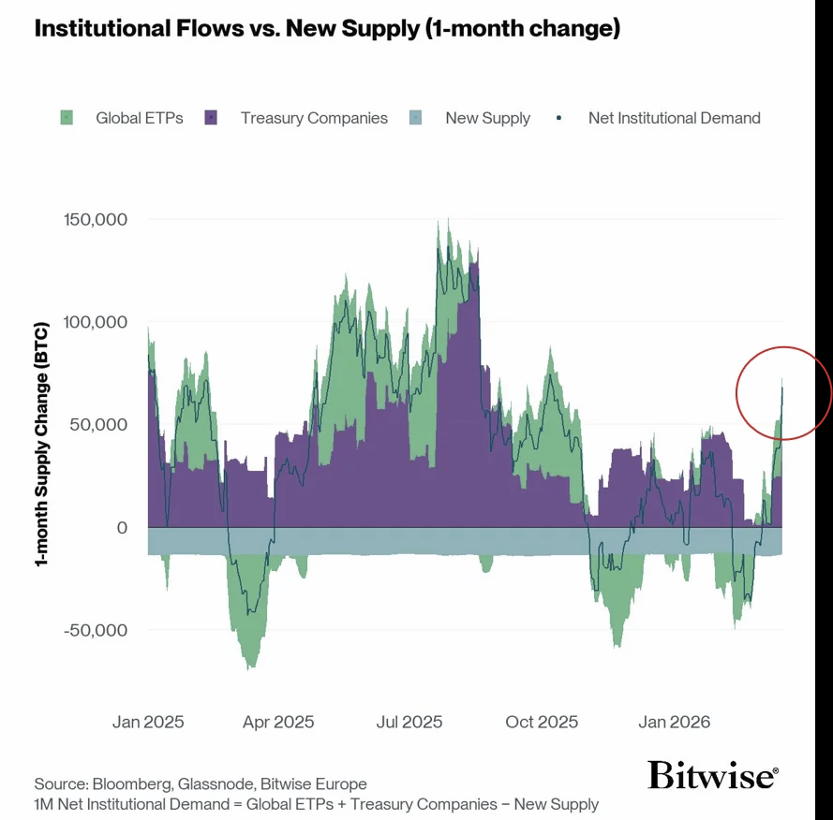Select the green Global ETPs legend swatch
pos(67,118)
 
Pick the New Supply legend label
pos(487,118)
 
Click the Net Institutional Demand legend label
pos(674,118)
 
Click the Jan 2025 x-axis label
pos(148,722)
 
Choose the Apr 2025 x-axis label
pos(278,722)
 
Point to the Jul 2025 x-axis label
pos(409,722)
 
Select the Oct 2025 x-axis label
pos(542,722)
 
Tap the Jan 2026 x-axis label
pos(674,722)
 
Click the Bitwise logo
pos(712,775)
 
